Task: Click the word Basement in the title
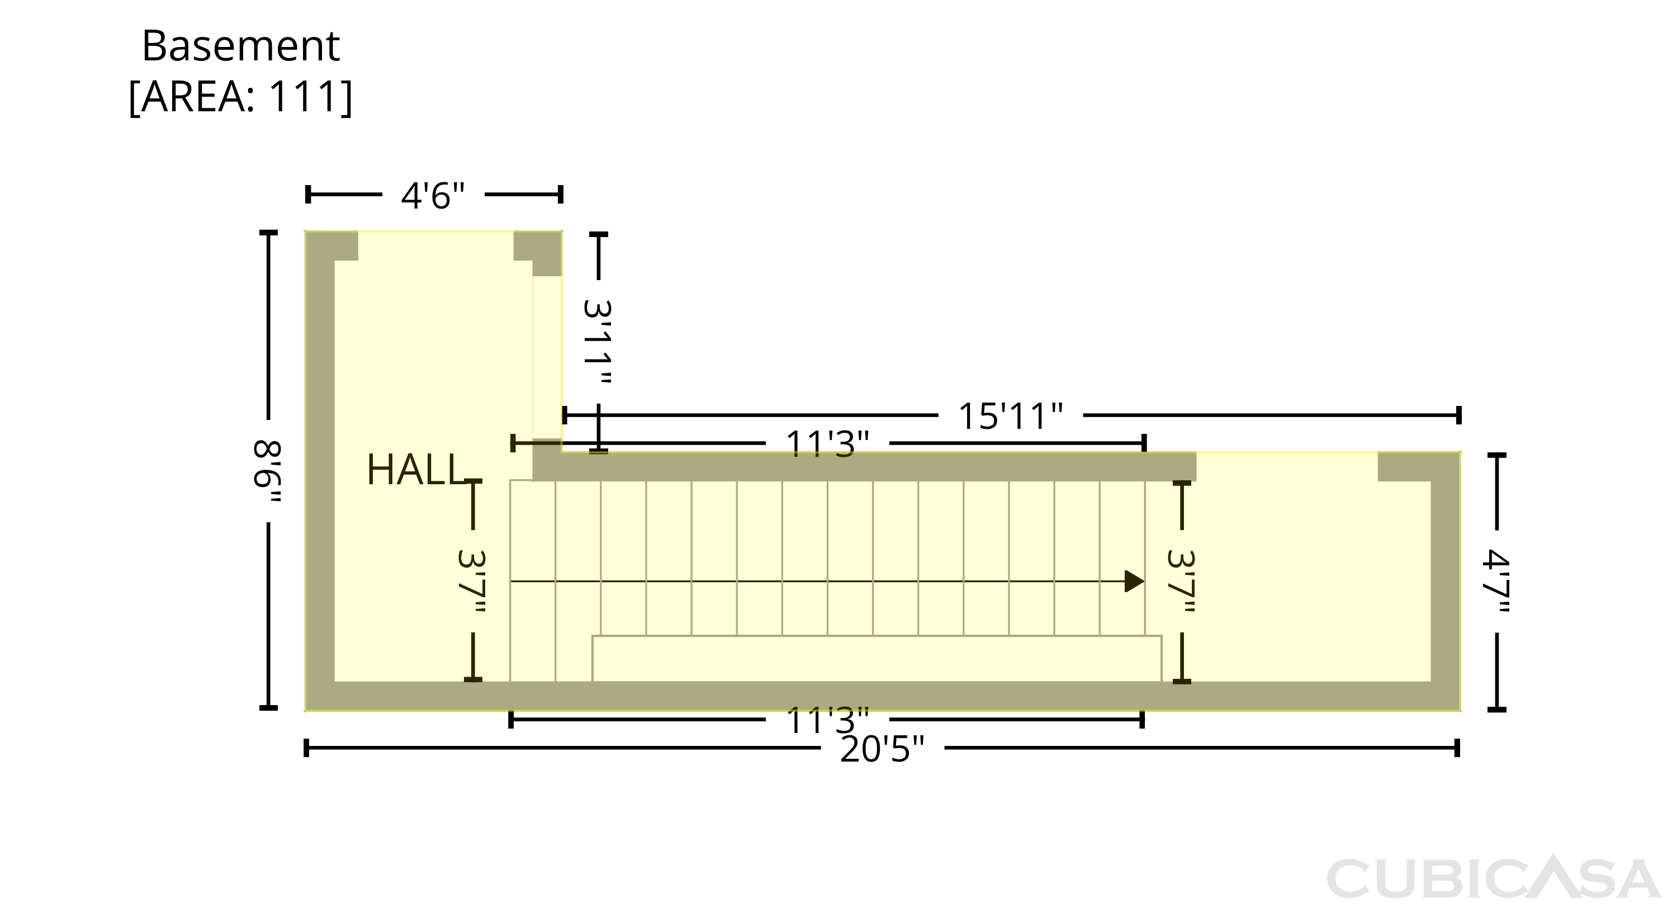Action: point(241,46)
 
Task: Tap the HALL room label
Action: point(415,470)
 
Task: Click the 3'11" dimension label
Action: point(598,341)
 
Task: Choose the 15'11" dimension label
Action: point(1010,415)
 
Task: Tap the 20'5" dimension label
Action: point(882,749)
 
